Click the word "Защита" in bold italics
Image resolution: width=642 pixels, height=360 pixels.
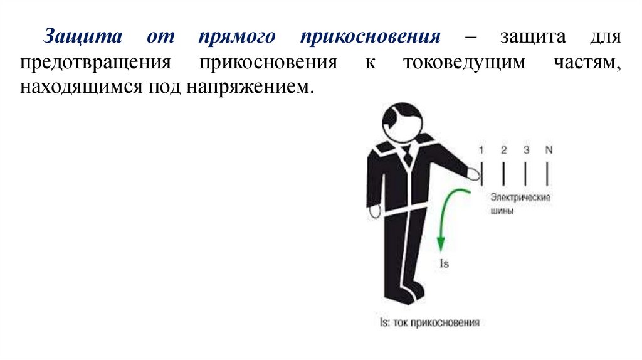74,36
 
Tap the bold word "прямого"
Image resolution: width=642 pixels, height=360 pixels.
236,36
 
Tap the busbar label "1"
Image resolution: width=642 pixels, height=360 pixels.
481,150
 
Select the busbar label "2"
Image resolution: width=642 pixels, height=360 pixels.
503,150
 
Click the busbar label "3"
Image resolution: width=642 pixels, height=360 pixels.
526,150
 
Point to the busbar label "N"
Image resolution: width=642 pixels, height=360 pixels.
549,150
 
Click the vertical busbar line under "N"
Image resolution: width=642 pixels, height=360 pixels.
549,173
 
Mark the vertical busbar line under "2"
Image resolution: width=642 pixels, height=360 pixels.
503,173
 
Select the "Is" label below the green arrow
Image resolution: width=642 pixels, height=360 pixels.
444,264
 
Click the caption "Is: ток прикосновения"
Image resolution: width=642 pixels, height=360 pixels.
429,323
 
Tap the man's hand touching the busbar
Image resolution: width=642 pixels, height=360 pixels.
474,172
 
